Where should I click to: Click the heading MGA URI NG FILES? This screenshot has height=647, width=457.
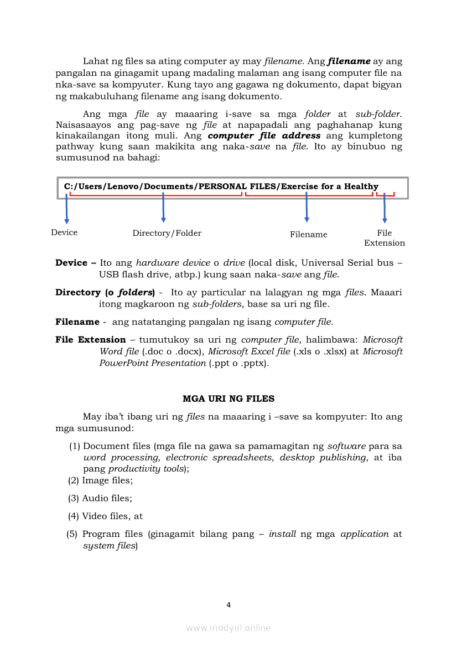click(x=228, y=398)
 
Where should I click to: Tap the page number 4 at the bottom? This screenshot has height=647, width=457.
click(x=228, y=605)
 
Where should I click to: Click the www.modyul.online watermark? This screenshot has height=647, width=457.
click(x=228, y=628)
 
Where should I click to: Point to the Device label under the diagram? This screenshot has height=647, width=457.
click(x=64, y=232)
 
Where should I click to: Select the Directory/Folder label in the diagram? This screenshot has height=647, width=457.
click(x=167, y=233)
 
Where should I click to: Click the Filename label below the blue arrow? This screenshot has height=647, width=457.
click(x=309, y=235)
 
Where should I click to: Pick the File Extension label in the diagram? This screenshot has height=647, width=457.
click(x=385, y=238)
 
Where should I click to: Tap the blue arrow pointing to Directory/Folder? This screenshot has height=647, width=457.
click(x=163, y=208)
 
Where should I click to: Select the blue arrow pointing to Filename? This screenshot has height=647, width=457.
click(x=307, y=208)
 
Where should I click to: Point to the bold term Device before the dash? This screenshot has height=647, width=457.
click(x=71, y=263)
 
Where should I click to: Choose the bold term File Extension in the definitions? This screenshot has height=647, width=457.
click(x=91, y=340)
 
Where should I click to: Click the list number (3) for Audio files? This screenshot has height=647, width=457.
click(x=74, y=498)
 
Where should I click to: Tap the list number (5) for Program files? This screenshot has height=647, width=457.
click(x=72, y=534)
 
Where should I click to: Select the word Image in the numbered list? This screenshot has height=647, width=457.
click(x=95, y=480)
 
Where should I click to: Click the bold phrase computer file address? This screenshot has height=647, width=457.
click(x=264, y=136)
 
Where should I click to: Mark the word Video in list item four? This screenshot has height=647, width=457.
click(x=95, y=516)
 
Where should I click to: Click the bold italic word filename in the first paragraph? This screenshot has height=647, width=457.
click(x=349, y=61)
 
